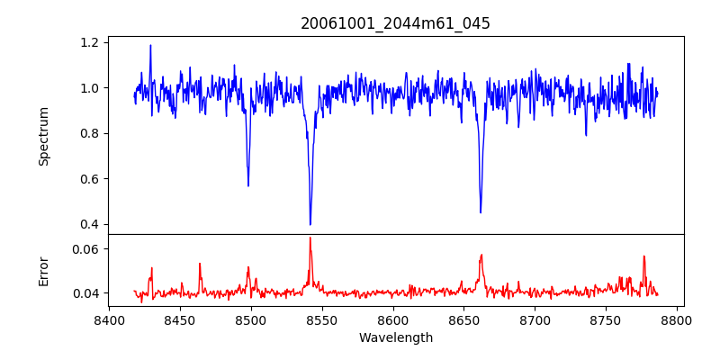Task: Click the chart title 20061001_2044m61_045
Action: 395,23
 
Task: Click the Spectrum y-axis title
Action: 43,136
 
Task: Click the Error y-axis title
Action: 43,269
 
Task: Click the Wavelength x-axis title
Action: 395,338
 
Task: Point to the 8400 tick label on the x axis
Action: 109,319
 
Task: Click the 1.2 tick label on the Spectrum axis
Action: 90,42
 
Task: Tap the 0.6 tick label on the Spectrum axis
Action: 90,179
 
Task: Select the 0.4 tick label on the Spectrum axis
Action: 90,224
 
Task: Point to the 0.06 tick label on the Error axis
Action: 86,248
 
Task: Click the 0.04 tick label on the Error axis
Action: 86,293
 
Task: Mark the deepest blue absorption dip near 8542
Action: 310,224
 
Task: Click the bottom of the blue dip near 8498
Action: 248,185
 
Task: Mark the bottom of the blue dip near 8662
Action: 481,212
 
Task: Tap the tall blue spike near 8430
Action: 150,46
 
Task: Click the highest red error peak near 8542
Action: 310,238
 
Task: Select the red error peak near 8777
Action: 644,256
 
